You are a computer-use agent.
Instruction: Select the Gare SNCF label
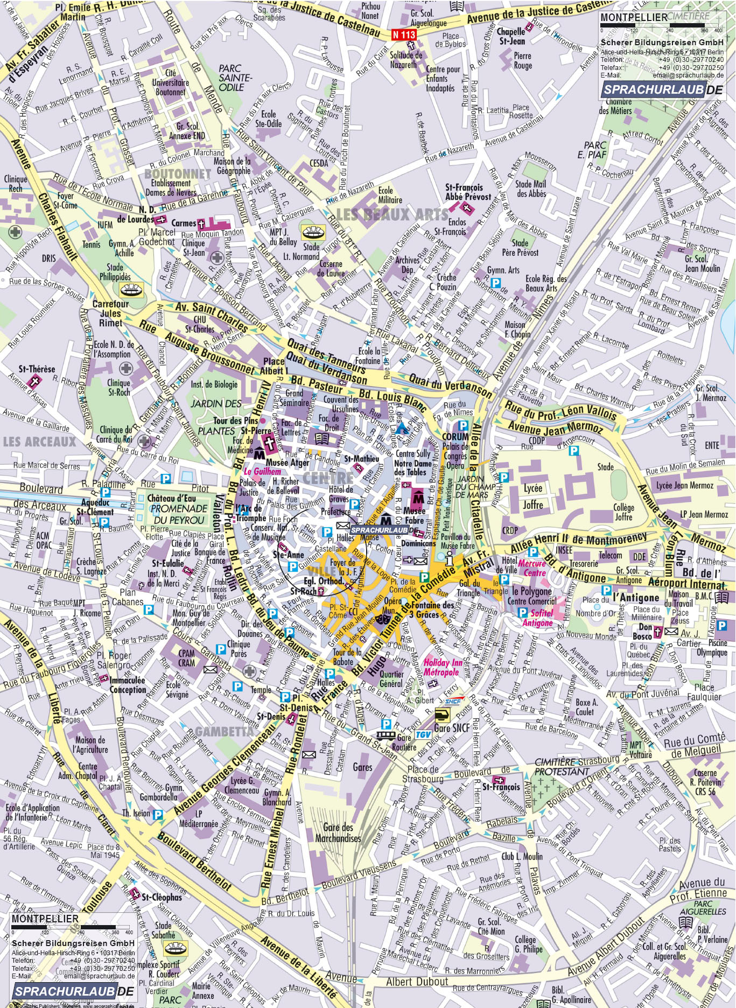click(x=452, y=728)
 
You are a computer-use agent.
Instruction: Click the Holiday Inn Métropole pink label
click(x=442, y=667)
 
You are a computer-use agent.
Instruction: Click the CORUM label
click(x=455, y=437)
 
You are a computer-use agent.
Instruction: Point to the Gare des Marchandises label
click(x=338, y=833)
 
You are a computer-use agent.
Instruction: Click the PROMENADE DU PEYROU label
click(x=179, y=514)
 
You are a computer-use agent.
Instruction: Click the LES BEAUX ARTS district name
click(x=391, y=215)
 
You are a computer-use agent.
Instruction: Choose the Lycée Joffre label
click(x=532, y=496)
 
